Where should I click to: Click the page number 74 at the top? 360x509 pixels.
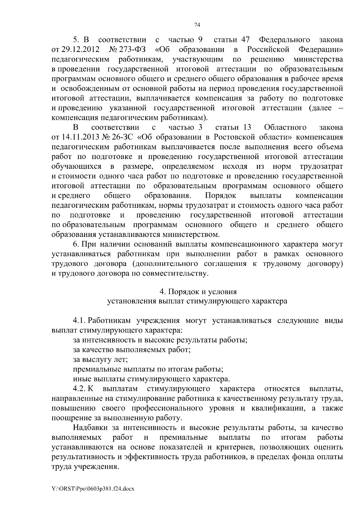[197, 25]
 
